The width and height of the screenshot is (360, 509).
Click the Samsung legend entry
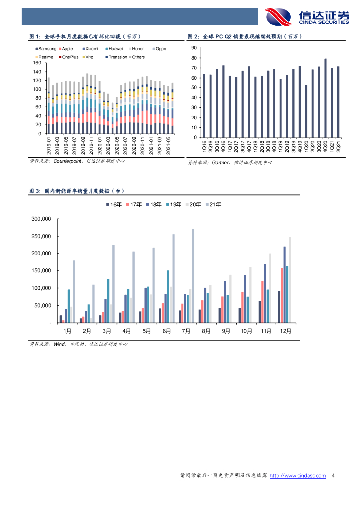[46, 49]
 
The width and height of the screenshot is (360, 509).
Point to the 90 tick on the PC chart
[194, 48]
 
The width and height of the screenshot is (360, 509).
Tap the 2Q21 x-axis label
[339, 146]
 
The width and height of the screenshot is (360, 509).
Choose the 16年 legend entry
[114, 204]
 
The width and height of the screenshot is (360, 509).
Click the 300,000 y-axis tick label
[42, 219]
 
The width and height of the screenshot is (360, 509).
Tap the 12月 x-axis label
[285, 331]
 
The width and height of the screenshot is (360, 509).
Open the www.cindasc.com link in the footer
[298, 476]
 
